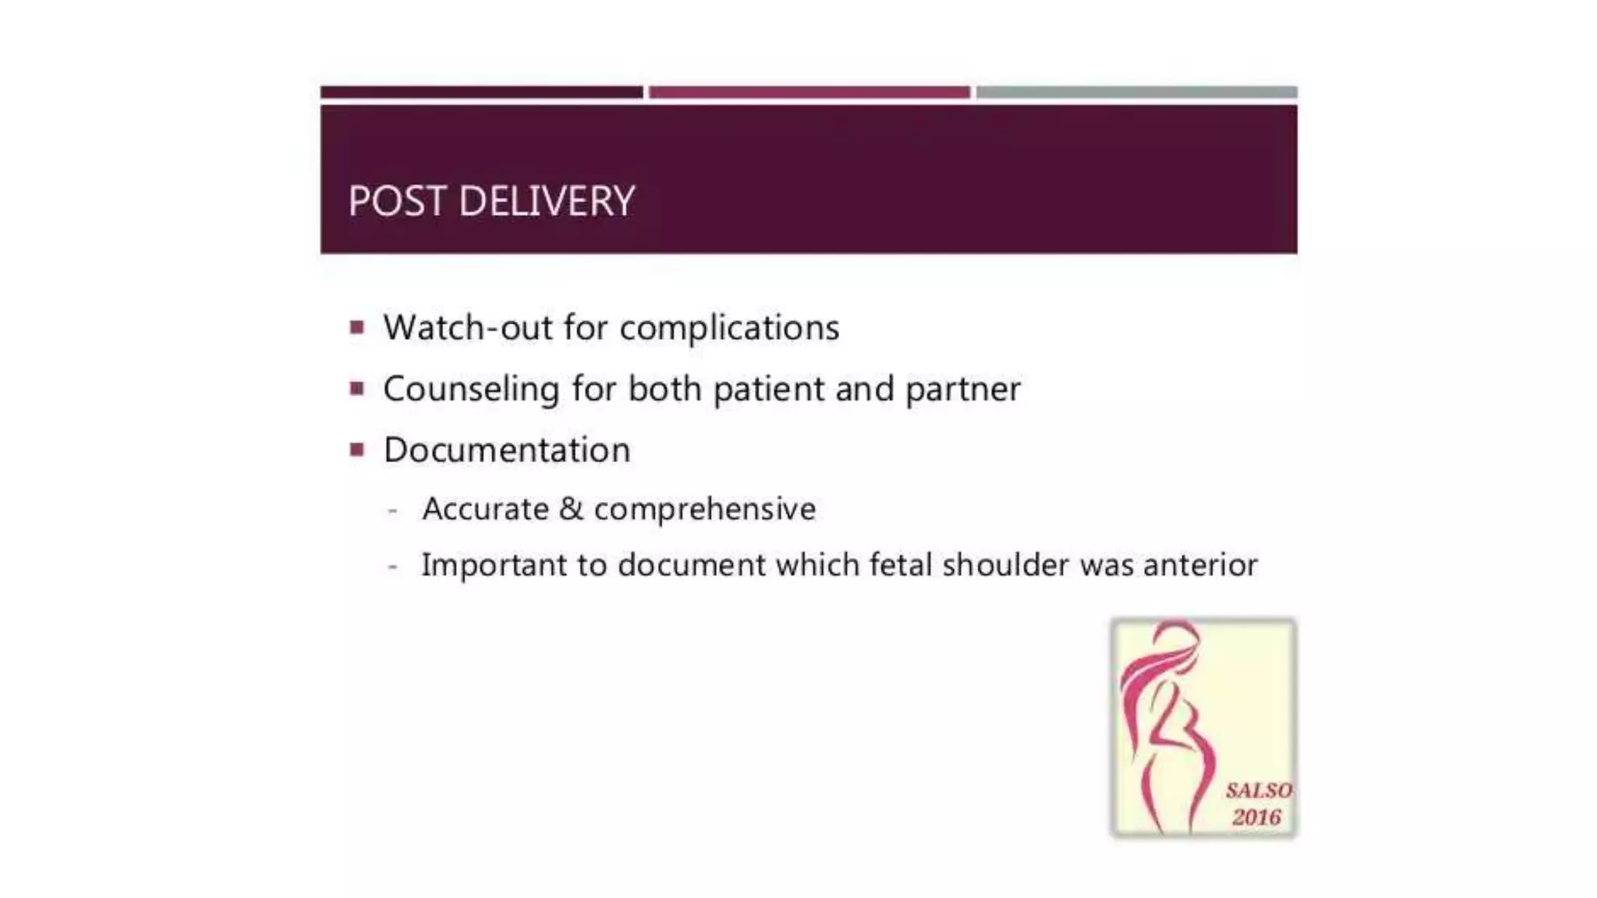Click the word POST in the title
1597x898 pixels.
[397, 201]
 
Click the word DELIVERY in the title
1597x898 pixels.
[547, 201]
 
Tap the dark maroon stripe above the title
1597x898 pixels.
[481, 93]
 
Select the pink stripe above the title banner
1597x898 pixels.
[809, 93]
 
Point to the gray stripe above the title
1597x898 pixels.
[1136, 93]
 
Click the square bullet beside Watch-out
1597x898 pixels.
[357, 327]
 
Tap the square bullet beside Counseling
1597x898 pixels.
[357, 388]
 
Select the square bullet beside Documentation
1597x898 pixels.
[357, 450]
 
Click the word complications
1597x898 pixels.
[729, 328]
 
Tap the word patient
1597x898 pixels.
[768, 389]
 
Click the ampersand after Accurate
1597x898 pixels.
[571, 509]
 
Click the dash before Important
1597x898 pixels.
[393, 567]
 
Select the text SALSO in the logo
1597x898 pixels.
[1258, 791]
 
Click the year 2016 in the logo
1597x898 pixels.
[1256, 818]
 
